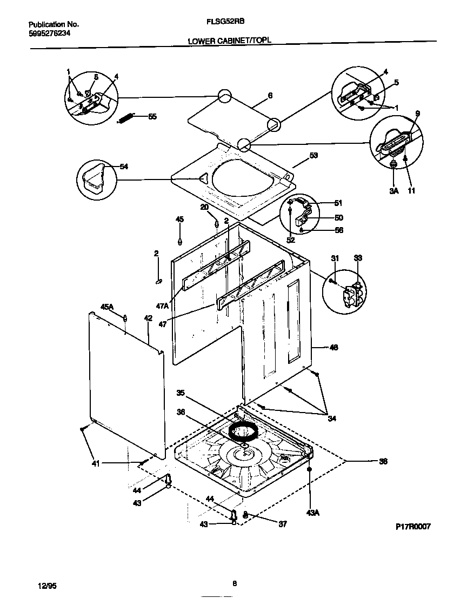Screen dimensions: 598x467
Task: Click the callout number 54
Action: [x=123, y=167]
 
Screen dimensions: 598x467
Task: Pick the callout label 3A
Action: [x=393, y=190]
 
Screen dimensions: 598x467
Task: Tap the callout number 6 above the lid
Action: [x=270, y=96]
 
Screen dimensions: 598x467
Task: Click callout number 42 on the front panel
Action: [x=148, y=318]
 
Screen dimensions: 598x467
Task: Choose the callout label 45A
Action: [x=107, y=307]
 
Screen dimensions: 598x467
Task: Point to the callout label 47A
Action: [x=163, y=306]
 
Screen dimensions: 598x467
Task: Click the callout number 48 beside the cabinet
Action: [x=333, y=348]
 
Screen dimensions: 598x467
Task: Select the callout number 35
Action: [x=181, y=393]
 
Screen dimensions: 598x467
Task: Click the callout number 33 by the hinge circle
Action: [x=358, y=258]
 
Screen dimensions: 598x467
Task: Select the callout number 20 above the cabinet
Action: [x=205, y=207]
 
